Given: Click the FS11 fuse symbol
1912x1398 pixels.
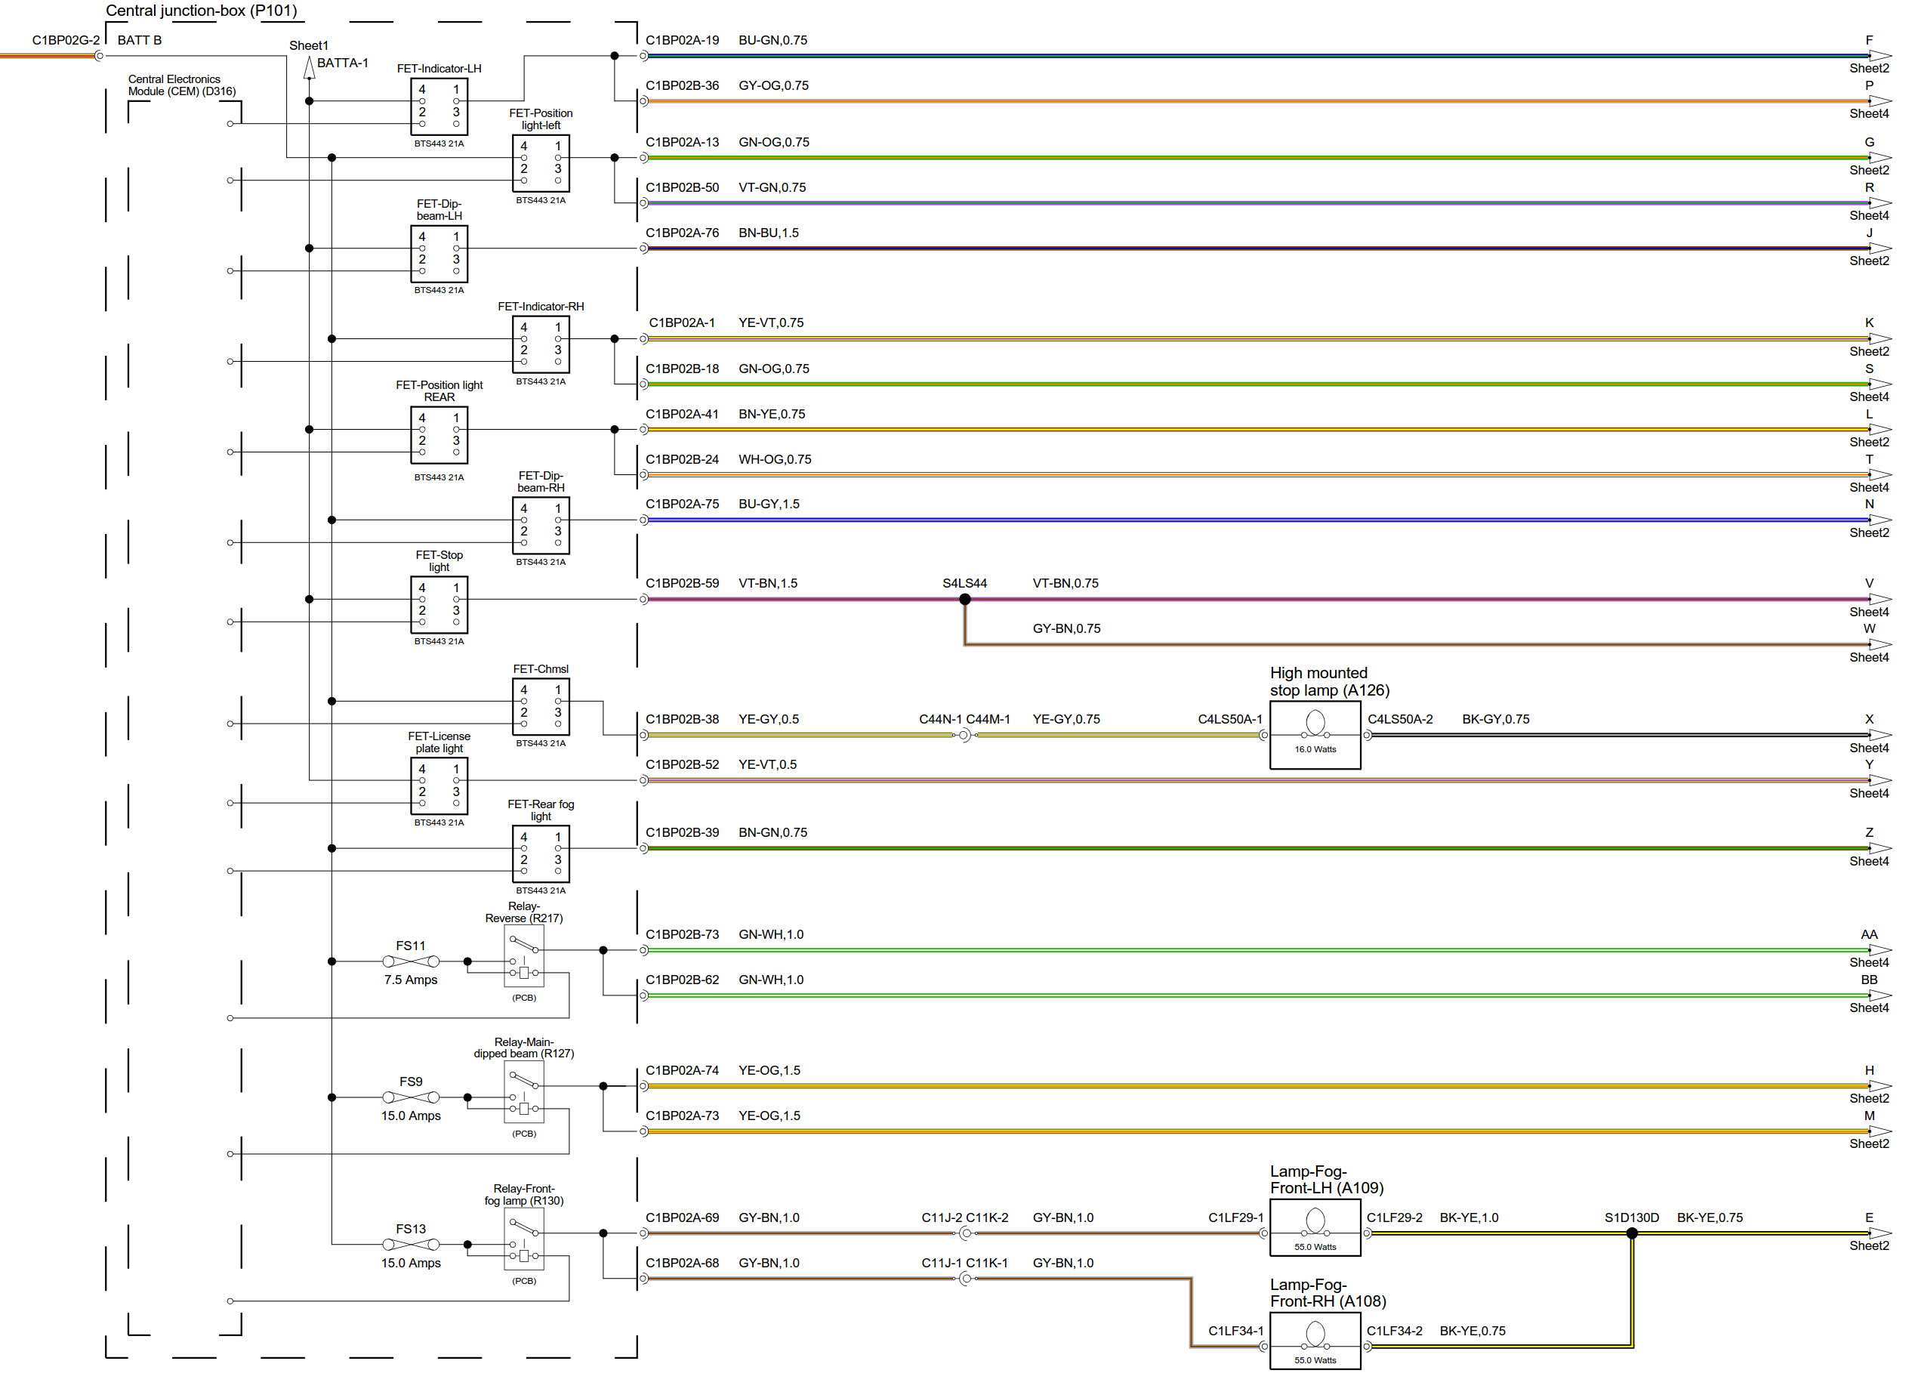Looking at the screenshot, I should click(410, 961).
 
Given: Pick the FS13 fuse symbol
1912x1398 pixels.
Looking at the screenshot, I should click(410, 1244).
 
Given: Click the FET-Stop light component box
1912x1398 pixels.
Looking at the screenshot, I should click(439, 605).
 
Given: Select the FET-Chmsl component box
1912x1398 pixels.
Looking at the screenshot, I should click(541, 707).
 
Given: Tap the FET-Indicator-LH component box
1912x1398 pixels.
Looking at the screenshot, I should click(439, 106).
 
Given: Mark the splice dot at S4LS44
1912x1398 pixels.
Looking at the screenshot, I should click(964, 599).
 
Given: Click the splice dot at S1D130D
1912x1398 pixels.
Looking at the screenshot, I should click(1631, 1233).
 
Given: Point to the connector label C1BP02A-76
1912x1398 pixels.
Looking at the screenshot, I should click(682, 233).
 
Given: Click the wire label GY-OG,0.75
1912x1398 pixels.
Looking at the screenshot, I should click(773, 85).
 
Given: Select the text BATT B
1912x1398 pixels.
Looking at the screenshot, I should click(140, 40).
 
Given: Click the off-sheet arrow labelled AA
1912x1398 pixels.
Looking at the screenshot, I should click(1880, 949).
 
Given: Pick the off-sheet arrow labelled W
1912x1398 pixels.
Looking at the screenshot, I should click(1880, 644).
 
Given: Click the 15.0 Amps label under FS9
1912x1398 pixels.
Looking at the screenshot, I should click(410, 1116).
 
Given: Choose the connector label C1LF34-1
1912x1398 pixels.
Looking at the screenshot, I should click(1235, 1330).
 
